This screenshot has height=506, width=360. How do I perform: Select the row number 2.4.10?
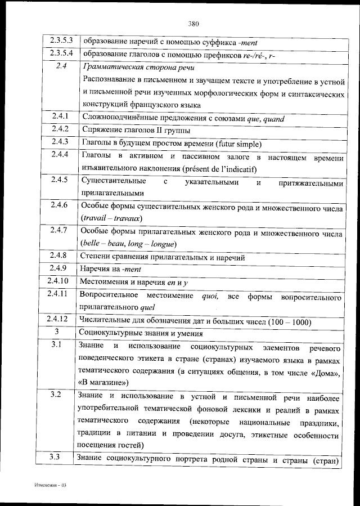point(58,280)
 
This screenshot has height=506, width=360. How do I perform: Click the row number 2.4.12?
point(58,319)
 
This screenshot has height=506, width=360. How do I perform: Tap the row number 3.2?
point(55,395)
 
